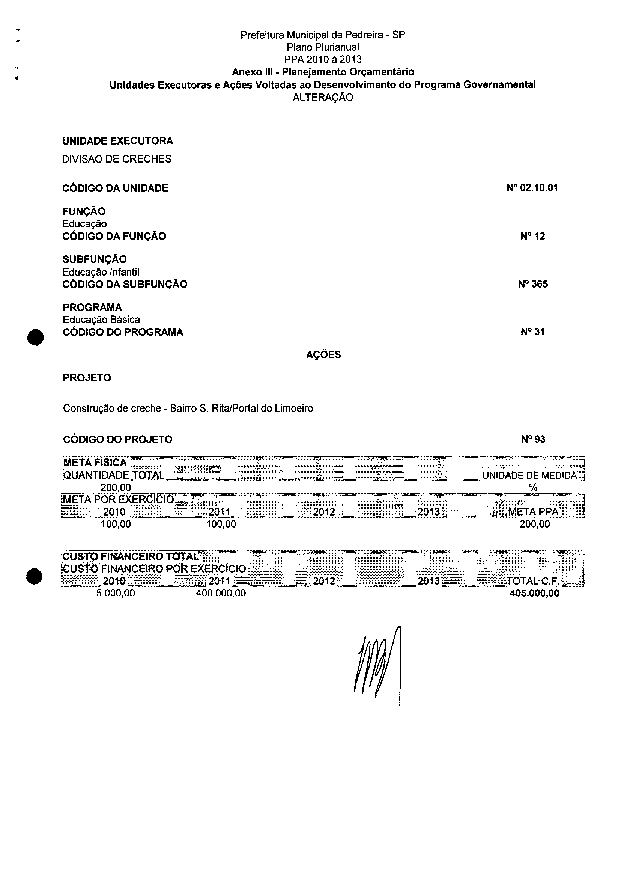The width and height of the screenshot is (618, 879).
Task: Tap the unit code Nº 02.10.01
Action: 532,188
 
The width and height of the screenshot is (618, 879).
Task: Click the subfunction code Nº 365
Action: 533,284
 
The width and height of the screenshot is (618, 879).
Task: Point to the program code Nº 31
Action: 532,332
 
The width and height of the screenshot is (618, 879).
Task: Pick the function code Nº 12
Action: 532,236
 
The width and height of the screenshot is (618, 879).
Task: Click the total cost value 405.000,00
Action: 534,593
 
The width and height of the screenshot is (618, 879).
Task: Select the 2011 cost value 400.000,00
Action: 221,593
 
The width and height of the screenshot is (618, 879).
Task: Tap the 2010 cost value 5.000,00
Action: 116,593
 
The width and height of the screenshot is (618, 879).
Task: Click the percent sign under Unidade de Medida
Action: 533,487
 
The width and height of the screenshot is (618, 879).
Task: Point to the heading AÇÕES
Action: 323,355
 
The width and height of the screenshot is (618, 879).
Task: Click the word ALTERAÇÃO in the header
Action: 323,97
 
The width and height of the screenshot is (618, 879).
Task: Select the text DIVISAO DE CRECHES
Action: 117,159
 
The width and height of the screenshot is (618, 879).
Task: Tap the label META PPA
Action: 533,512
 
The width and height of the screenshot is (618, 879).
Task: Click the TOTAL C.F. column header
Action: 534,581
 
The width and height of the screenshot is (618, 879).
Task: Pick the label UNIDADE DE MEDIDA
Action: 529,475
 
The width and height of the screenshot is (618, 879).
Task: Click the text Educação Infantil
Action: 101,272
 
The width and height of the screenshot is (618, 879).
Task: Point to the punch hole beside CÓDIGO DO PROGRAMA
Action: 35,337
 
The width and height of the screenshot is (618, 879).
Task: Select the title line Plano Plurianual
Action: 323,47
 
